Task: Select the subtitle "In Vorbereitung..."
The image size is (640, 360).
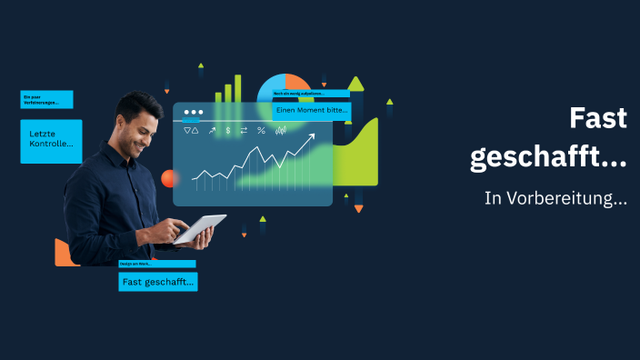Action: [x=555, y=198]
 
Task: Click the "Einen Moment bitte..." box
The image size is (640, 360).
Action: [x=311, y=110]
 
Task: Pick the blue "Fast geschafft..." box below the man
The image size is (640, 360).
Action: [x=157, y=282]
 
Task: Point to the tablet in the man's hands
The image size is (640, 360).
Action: [x=200, y=229]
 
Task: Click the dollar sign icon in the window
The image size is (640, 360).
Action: [x=228, y=131]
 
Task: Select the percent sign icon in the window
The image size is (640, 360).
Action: [x=261, y=131]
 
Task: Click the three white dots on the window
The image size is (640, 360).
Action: [x=192, y=112]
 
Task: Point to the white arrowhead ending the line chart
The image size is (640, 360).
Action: [x=311, y=138]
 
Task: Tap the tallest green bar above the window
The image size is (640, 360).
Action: [x=238, y=88]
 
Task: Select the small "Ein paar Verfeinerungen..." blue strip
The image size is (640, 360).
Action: [x=46, y=99]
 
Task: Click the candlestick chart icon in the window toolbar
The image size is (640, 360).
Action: [x=281, y=131]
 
